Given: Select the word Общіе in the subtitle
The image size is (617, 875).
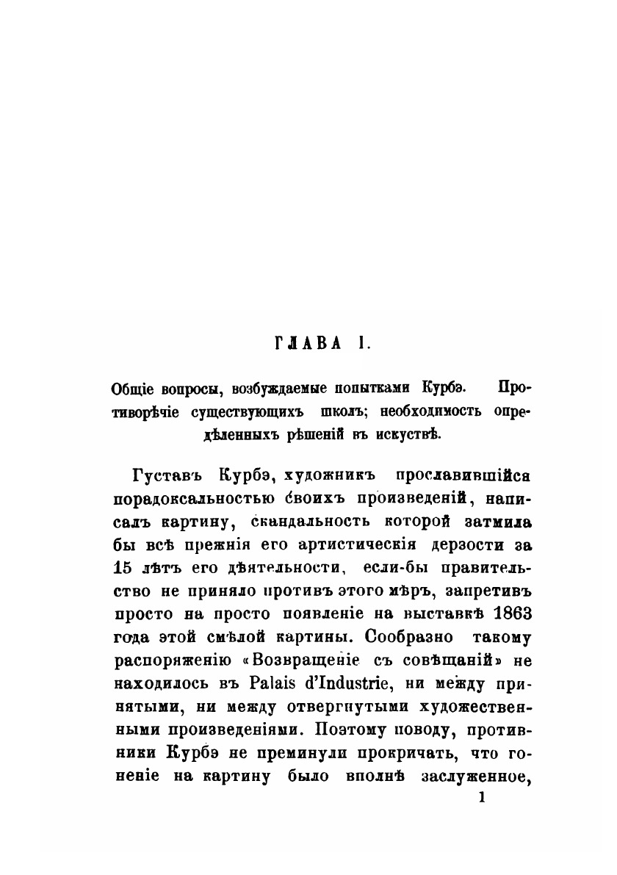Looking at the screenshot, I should (x=132, y=388).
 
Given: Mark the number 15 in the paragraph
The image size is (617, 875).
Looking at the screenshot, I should (x=124, y=569).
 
